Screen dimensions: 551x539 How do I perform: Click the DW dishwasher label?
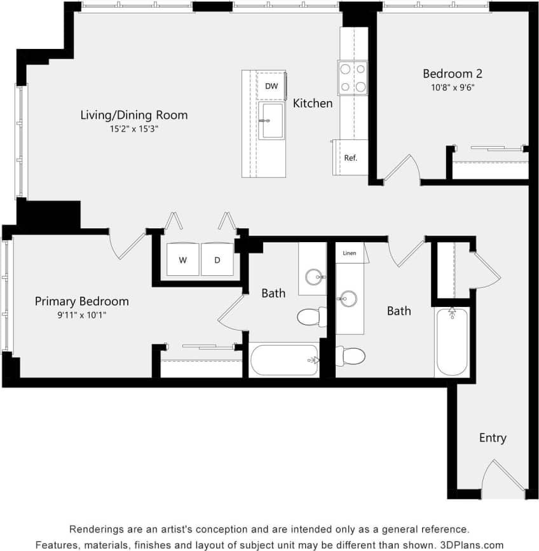(271, 86)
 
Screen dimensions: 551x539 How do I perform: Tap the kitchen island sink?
(271, 121)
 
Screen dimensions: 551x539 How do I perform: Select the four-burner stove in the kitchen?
(353, 78)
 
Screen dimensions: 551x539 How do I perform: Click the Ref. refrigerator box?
(350, 158)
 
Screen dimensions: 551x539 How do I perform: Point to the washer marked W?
(183, 260)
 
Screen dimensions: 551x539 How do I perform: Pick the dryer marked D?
(217, 260)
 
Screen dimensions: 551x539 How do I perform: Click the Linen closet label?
(349, 253)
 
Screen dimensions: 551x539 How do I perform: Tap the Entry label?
(493, 438)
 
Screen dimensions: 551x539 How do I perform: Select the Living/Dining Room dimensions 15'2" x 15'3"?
(133, 129)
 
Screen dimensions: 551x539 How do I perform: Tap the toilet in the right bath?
(351, 356)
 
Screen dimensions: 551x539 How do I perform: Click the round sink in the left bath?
(313, 276)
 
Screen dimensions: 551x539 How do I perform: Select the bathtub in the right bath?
(452, 343)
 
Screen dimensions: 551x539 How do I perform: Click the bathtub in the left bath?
(284, 361)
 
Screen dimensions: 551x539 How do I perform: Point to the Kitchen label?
(313, 103)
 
